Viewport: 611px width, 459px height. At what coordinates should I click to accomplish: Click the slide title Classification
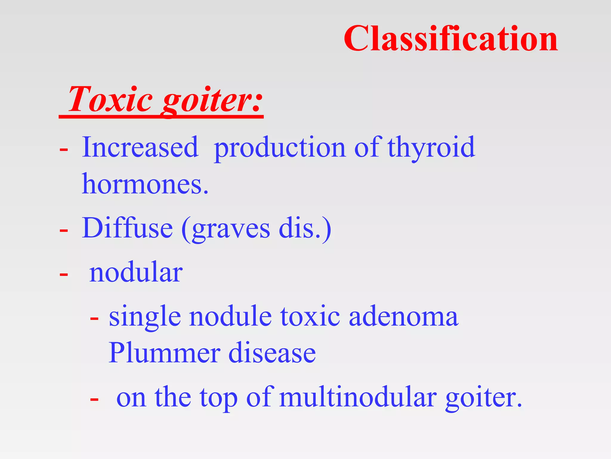(x=450, y=39)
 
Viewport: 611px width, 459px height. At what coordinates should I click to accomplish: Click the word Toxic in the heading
(x=110, y=99)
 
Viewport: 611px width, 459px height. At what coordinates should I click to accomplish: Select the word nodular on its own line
(x=136, y=272)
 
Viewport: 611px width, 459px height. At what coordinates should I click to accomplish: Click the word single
(x=145, y=317)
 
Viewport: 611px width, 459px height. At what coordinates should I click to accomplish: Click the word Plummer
(x=164, y=353)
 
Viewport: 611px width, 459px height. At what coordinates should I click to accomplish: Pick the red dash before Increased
(x=64, y=149)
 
